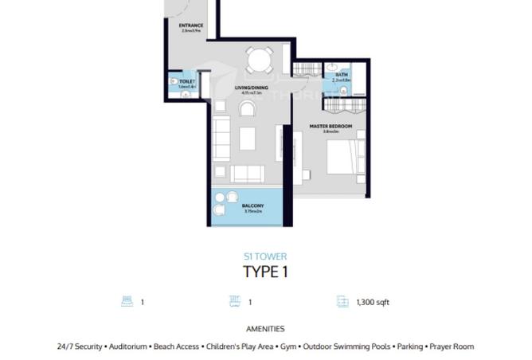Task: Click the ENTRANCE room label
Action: [192, 25]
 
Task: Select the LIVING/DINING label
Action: [251, 88]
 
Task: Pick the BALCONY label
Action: [252, 205]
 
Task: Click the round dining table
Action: [257, 61]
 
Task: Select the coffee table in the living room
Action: [248, 138]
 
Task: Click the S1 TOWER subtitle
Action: [265, 256]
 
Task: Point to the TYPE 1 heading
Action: [265, 273]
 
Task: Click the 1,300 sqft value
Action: [372, 303]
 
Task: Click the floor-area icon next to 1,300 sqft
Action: [342, 303]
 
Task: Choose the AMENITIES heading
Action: [265, 328]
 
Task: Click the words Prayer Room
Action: [452, 346]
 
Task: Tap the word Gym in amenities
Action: [288, 346]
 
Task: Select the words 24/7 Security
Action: [80, 346]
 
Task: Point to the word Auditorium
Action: [128, 346]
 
